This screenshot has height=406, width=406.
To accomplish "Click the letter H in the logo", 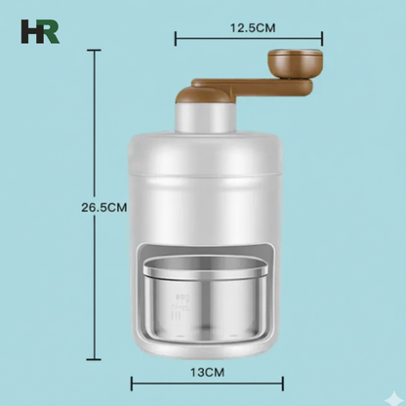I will click(30, 31).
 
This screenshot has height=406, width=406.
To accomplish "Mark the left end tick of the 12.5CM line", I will click(176, 39).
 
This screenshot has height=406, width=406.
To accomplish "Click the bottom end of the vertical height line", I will click(95, 359).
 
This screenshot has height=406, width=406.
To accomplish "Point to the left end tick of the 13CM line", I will click(131, 384).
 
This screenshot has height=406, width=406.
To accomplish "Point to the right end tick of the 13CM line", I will click(283, 384).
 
